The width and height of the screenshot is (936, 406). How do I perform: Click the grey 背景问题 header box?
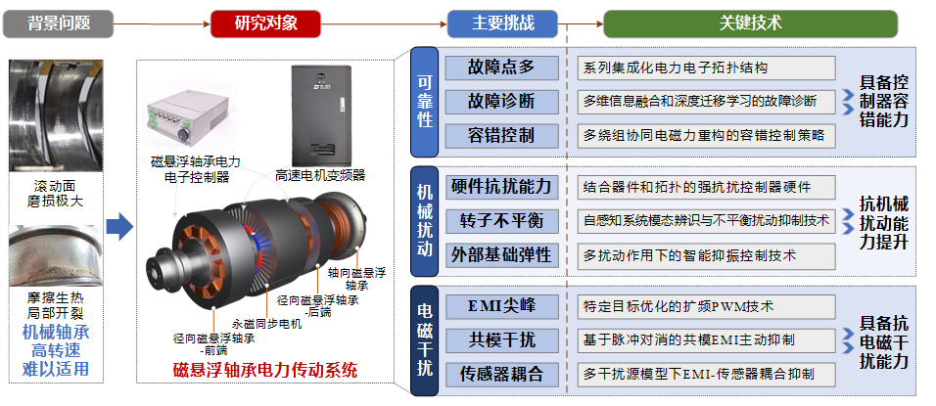click(x=58, y=23)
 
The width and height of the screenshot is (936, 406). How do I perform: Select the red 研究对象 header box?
click(x=265, y=23)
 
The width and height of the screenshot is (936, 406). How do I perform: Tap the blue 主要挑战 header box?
click(x=502, y=23)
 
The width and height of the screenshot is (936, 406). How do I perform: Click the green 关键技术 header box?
click(x=750, y=23)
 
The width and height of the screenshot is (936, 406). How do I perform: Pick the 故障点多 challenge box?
click(x=501, y=68)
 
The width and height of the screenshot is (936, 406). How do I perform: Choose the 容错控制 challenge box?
click(x=501, y=136)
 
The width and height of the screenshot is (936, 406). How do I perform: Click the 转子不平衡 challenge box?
click(x=501, y=221)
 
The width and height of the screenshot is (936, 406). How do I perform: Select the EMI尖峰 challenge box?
click(x=501, y=306)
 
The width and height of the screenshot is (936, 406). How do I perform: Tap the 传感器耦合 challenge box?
click(x=501, y=375)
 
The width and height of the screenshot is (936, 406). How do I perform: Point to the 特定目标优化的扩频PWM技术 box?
click(x=706, y=306)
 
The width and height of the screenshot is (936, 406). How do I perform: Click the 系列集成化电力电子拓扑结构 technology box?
click(x=706, y=68)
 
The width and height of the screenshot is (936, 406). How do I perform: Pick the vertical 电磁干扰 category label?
click(x=424, y=340)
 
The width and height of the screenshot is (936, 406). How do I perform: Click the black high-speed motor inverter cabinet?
click(x=318, y=115)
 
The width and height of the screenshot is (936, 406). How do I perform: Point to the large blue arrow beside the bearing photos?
click(x=119, y=227)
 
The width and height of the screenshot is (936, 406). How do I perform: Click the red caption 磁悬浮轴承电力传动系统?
click(x=265, y=370)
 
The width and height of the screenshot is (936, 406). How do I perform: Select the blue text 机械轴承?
click(x=56, y=332)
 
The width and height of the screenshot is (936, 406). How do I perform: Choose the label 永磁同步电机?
click(x=267, y=325)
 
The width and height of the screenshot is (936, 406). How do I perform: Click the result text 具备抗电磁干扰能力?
click(x=884, y=342)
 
